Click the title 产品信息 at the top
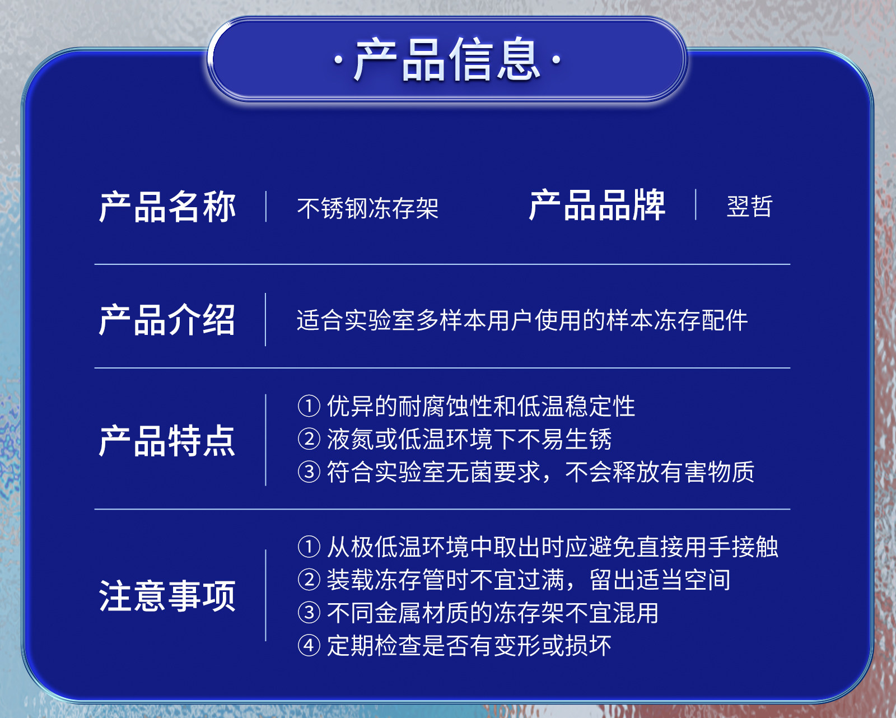pyautogui.click(x=447, y=59)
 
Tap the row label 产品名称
pyautogui.click(x=167, y=207)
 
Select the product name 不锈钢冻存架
pyautogui.click(x=368, y=208)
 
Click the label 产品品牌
pyautogui.click(x=597, y=205)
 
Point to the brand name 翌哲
pyautogui.click(x=749, y=206)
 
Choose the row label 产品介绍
pyautogui.click(x=167, y=320)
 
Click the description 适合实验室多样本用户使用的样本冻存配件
pyautogui.click(x=522, y=320)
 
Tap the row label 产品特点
pyautogui.click(x=167, y=441)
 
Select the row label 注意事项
pyautogui.click(x=167, y=595)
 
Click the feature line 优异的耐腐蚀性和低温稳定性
pyautogui.click(x=481, y=406)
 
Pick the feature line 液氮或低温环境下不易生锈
pyautogui.click(x=469, y=439)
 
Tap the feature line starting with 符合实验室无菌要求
pyautogui.click(x=540, y=472)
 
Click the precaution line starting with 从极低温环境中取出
pyautogui.click(x=553, y=547)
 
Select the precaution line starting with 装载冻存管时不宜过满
pyautogui.click(x=529, y=579)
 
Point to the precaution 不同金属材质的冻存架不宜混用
pyautogui.click(x=493, y=613)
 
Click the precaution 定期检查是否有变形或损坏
pyautogui.click(x=469, y=646)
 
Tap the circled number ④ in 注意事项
pyautogui.click(x=309, y=646)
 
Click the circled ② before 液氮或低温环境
pyautogui.click(x=309, y=440)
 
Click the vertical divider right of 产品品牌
pyautogui.click(x=696, y=204)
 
